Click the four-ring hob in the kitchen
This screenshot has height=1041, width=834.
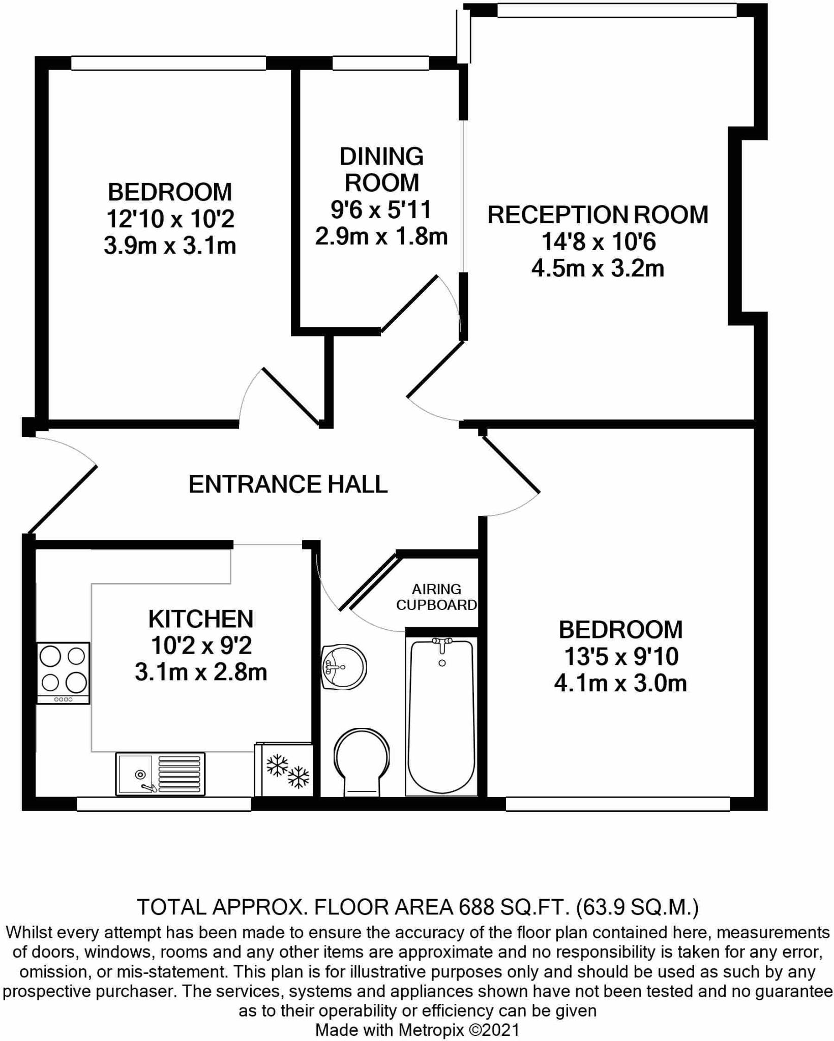[x=64, y=673]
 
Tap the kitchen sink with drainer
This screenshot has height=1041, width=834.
[x=161, y=774]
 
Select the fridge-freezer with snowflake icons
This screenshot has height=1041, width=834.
[x=284, y=770]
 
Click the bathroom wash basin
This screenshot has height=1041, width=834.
[x=344, y=667]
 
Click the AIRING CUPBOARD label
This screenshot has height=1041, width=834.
[x=437, y=597]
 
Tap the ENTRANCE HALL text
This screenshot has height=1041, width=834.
[x=288, y=484]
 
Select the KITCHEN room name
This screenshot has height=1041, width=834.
[x=201, y=619]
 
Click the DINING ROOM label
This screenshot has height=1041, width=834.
[x=381, y=169]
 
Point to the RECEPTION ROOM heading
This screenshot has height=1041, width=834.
[x=598, y=215]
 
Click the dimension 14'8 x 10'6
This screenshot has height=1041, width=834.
[x=599, y=241]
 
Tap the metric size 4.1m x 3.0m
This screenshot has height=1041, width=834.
[x=620, y=684]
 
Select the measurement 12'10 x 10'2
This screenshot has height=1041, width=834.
[x=170, y=219]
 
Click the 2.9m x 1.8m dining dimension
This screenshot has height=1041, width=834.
[x=381, y=236]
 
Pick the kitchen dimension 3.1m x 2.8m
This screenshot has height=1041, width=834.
[x=201, y=672]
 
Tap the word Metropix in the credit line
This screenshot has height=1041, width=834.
[x=431, y=1030]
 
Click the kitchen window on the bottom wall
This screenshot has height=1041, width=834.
[x=164, y=804]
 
